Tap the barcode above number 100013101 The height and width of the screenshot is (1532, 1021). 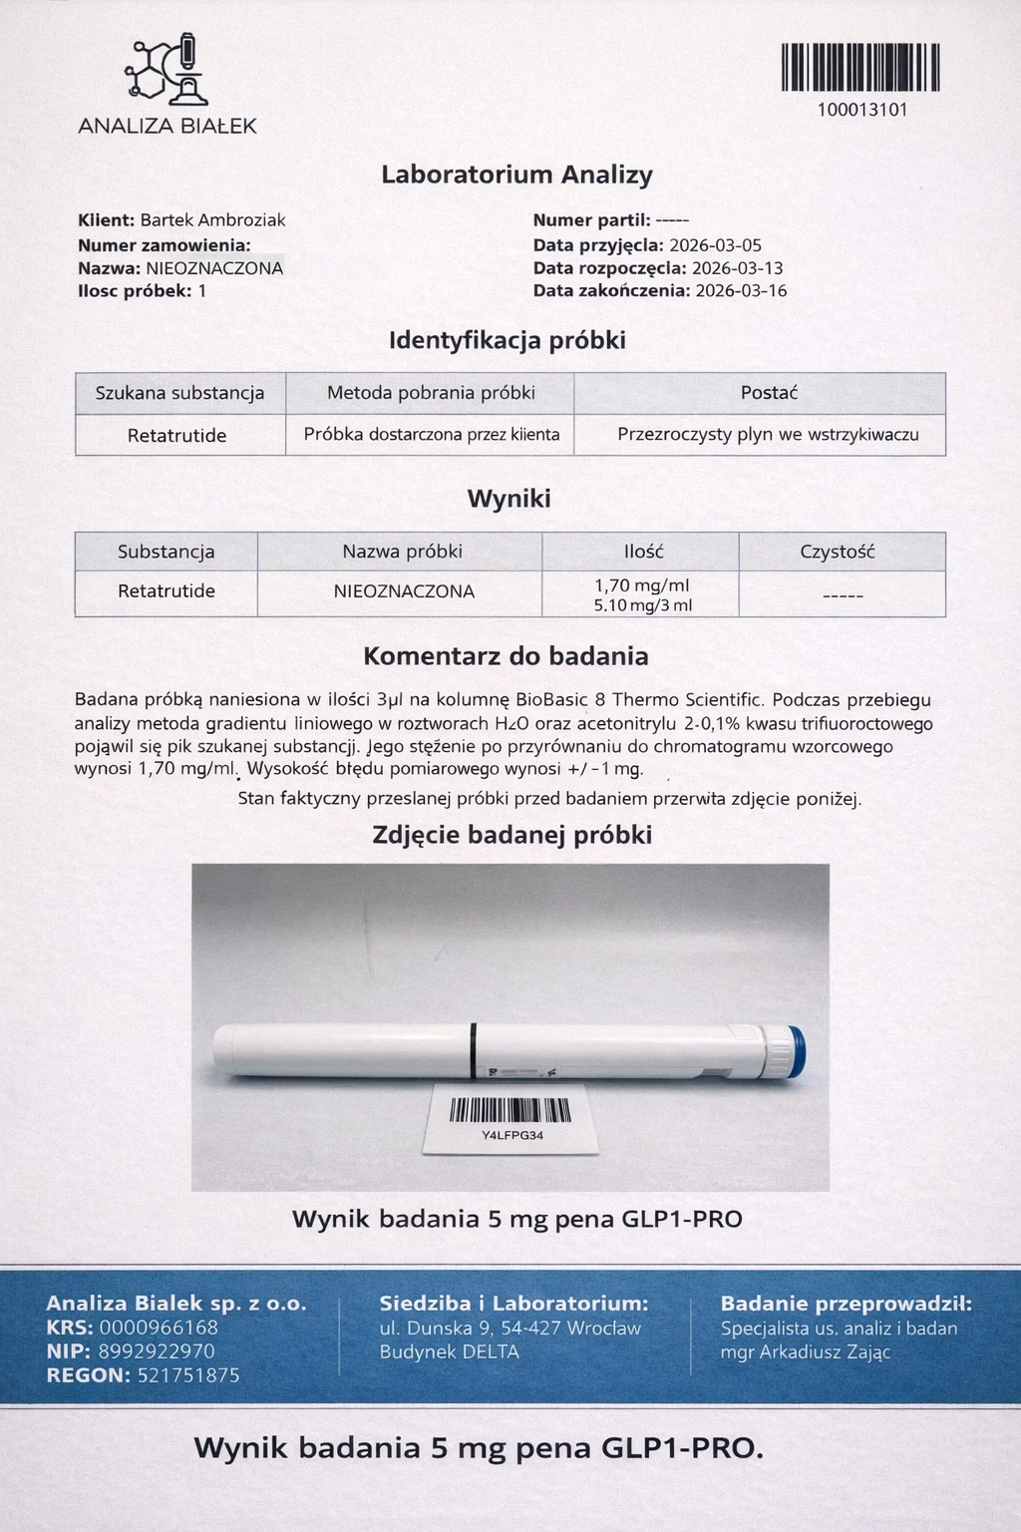tap(860, 68)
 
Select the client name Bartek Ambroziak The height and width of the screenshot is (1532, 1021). tap(212, 220)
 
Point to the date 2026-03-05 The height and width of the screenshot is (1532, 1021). tap(715, 245)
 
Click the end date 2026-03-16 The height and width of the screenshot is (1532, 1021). tap(741, 291)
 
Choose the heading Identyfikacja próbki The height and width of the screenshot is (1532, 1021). tap(508, 340)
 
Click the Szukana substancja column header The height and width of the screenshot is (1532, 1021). tap(180, 393)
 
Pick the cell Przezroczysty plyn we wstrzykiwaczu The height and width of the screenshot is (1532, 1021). tap(768, 435)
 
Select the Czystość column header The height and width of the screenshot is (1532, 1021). tap(838, 552)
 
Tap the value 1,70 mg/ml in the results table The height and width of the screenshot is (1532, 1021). tap(642, 585)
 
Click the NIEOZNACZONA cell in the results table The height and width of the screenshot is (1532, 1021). tap(404, 591)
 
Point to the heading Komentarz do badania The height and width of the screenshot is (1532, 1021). tap(506, 656)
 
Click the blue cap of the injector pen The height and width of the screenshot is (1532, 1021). tap(795, 1051)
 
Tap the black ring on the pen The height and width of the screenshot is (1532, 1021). tap(474, 1050)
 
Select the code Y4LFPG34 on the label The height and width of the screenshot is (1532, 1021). tap(512, 1136)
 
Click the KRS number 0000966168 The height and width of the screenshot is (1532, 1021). tap(159, 1328)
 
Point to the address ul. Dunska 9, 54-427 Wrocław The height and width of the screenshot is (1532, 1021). tap(510, 1329)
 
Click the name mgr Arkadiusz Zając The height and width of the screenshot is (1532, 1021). tap(805, 1352)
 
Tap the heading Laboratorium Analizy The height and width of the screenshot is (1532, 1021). tap(516, 175)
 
